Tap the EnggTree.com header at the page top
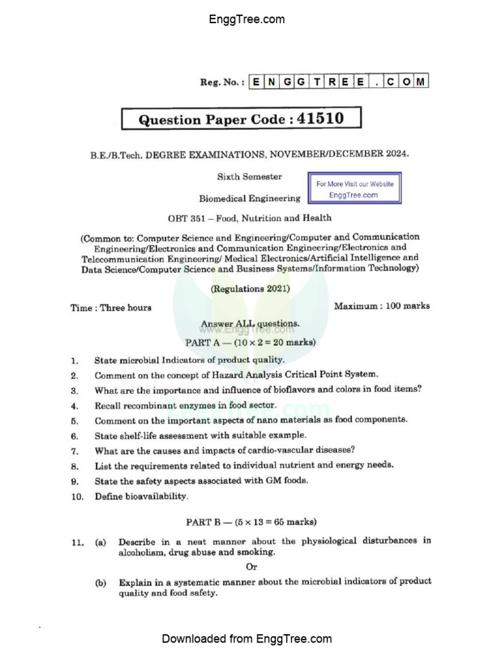point(247,19)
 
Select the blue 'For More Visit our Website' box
point(354,189)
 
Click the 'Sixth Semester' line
point(249,177)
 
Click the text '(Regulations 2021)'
point(250,289)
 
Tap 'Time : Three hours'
point(111,308)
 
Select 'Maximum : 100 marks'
point(381,307)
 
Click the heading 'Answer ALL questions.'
point(250,324)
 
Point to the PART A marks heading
point(250,342)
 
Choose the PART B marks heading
point(250,522)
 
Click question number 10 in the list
point(77,497)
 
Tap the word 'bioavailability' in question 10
point(158,496)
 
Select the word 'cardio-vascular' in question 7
point(248,450)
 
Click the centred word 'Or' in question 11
point(252,567)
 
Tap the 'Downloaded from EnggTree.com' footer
point(247,639)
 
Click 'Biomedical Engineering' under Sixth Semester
point(250,199)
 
